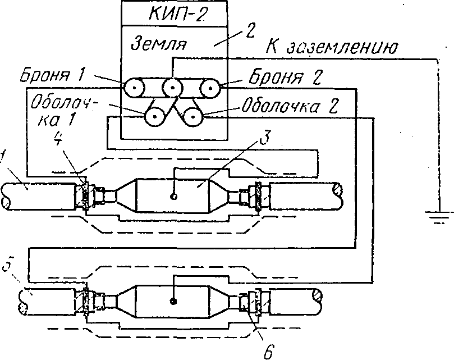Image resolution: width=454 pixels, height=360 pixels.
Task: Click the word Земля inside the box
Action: point(159,43)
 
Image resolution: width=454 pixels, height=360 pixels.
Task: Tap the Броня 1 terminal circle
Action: point(135,88)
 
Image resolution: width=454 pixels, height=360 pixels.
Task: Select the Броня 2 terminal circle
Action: point(210,88)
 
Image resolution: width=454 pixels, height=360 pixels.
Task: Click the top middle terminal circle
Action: point(172,88)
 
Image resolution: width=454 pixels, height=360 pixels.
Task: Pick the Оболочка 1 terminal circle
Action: point(154,117)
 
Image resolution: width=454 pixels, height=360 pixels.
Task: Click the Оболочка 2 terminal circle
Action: point(192,117)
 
